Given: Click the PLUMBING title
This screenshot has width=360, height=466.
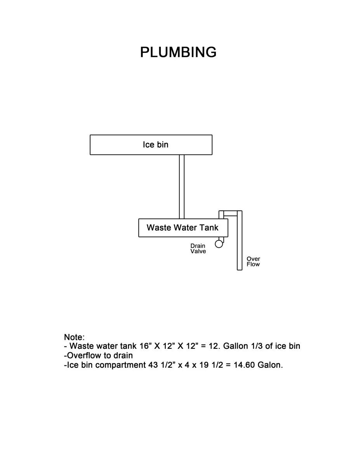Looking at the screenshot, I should tap(178, 52).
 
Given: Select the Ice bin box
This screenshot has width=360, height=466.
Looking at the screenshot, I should tap(151, 145).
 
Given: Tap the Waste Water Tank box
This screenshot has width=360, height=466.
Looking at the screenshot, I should tap(183, 228).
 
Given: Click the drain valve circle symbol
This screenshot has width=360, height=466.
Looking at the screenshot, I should tap(219, 244).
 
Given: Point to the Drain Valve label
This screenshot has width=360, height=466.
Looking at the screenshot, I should tap(198, 249).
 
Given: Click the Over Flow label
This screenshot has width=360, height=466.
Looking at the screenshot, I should tap(253, 262).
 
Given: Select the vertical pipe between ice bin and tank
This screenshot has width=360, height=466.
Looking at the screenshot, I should tap(182, 186).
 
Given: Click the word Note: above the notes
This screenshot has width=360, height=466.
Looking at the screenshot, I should tap(74, 337).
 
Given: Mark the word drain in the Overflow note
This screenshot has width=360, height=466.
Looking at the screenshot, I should tap(123, 355).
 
